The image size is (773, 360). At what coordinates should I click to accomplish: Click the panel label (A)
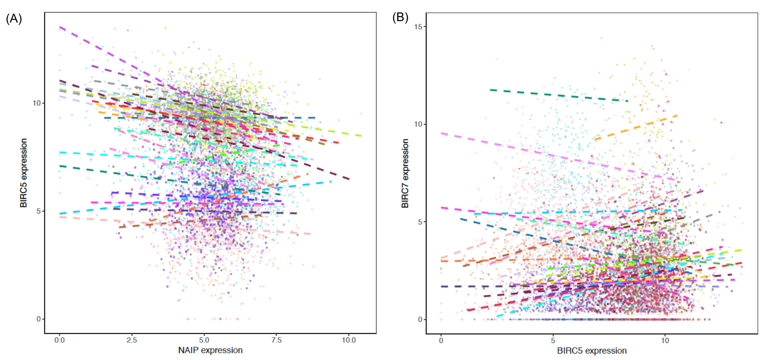click(14, 19)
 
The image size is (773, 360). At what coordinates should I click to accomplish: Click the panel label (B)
click(400, 18)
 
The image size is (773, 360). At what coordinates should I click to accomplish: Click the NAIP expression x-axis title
click(210, 350)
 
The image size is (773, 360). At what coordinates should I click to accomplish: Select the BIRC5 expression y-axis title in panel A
click(23, 173)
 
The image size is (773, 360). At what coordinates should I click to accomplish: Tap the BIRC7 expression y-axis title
click(405, 173)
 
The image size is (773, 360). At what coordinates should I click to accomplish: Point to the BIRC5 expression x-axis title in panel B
click(592, 351)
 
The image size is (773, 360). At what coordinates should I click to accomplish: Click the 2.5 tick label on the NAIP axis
click(132, 340)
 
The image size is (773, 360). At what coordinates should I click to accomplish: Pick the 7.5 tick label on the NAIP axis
click(276, 340)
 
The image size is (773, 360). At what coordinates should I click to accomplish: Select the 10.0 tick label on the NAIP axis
click(348, 340)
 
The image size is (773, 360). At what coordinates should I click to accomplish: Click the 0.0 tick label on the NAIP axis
click(59, 340)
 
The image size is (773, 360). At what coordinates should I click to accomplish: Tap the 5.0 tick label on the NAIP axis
click(204, 340)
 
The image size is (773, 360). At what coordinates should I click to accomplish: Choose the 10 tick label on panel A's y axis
click(37, 103)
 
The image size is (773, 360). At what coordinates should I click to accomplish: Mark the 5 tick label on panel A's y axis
click(38, 211)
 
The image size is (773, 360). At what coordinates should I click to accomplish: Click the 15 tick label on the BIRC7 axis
click(418, 27)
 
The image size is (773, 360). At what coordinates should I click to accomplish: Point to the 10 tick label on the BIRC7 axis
click(418, 124)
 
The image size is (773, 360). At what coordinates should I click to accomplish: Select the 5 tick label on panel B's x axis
click(553, 341)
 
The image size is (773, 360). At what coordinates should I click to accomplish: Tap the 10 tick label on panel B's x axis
click(665, 341)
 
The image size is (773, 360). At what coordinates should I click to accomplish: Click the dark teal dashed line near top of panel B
click(559, 95)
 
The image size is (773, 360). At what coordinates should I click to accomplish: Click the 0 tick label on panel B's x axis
click(441, 341)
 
